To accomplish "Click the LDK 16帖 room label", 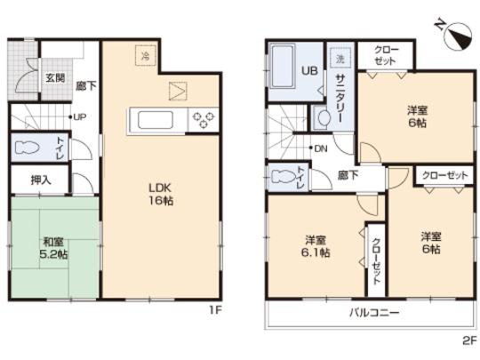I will (x=159, y=195).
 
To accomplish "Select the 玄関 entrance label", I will (x=54, y=77).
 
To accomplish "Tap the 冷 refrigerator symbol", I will (x=143, y=55).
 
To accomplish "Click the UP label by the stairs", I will (x=78, y=116).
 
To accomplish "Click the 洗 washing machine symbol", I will (x=340, y=58).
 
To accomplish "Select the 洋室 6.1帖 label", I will (x=316, y=246).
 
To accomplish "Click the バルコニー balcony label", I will (x=372, y=314).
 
